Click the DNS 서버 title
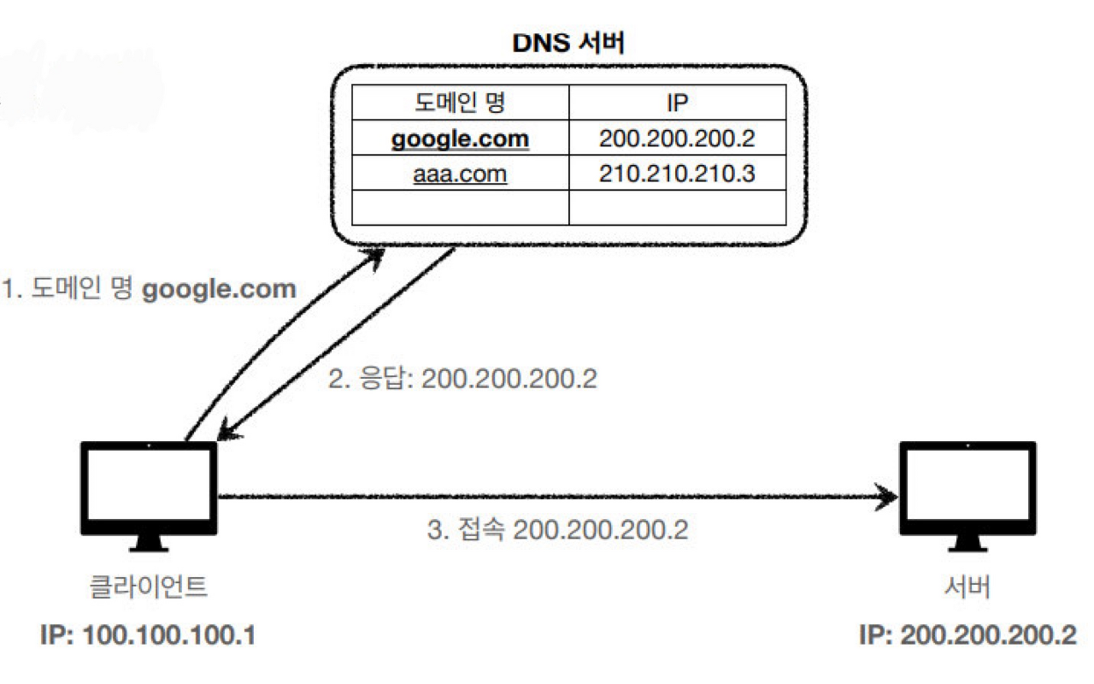(x=568, y=43)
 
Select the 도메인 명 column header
(x=460, y=102)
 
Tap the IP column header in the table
(x=678, y=102)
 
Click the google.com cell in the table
(x=460, y=138)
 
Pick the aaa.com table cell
(x=460, y=173)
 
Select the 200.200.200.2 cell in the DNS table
(x=678, y=138)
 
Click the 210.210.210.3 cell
(x=678, y=173)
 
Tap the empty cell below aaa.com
(x=460, y=208)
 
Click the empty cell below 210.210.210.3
(x=678, y=208)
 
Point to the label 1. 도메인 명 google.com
(x=149, y=288)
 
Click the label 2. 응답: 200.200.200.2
(x=462, y=378)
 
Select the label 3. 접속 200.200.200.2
(x=558, y=529)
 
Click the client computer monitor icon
(x=149, y=496)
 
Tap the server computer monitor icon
(x=968, y=496)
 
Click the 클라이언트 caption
(x=149, y=587)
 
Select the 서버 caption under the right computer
(x=968, y=587)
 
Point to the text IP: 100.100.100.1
(x=148, y=635)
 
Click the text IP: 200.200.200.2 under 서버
(x=968, y=635)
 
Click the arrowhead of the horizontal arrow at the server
(x=886, y=497)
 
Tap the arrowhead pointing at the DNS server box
(x=375, y=258)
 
